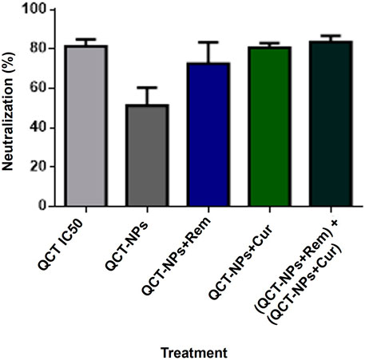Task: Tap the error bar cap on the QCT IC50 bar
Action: (x=86, y=39)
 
